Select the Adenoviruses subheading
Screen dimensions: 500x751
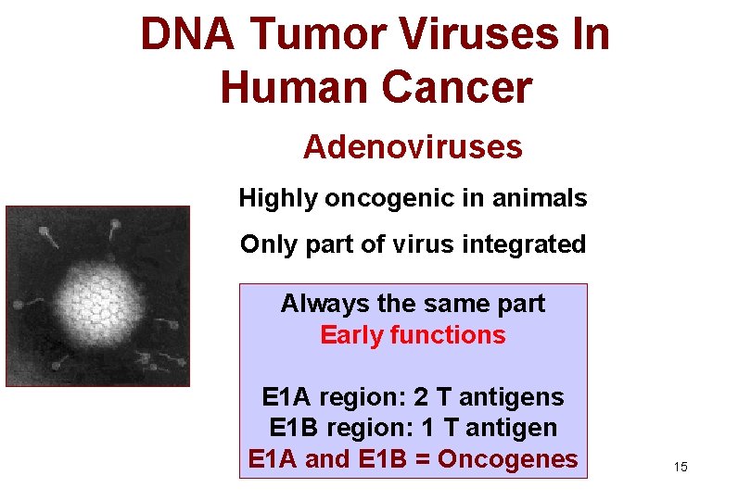(x=413, y=146)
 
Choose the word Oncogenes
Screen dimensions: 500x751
(x=507, y=458)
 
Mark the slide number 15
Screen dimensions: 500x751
(x=681, y=468)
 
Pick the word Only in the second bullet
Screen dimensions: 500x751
(x=262, y=244)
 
